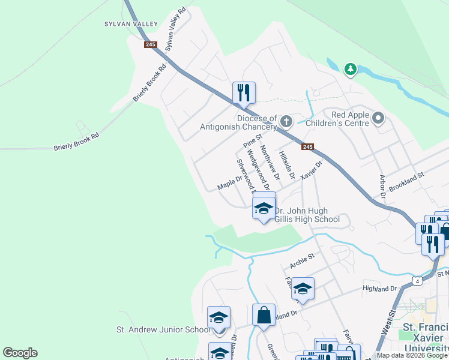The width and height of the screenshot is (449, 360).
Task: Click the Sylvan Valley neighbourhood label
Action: tap(131, 24)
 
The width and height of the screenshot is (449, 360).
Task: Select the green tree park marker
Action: tap(351, 70)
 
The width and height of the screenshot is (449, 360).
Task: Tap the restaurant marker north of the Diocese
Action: tap(244, 92)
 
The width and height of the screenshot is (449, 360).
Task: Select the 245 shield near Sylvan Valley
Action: tap(150, 44)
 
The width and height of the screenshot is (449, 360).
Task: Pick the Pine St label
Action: tap(250, 142)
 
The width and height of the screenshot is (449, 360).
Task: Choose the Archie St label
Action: tap(302, 258)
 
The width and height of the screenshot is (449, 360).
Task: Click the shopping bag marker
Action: tap(264, 314)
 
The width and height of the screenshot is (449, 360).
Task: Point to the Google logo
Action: tap(20, 353)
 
